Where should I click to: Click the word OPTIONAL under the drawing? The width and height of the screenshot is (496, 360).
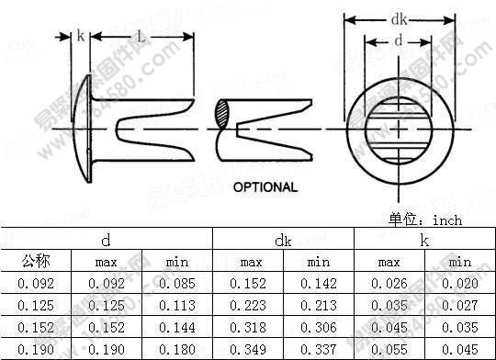[x=265, y=187]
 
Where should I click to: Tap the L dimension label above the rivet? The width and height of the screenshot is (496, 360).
[x=141, y=38]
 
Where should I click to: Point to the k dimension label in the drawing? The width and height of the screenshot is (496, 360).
[x=81, y=37]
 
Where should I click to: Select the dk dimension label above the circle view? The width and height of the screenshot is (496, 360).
[x=399, y=17]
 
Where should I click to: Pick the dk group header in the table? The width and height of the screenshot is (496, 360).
[x=283, y=240]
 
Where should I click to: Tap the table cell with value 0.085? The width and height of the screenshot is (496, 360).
[x=176, y=285]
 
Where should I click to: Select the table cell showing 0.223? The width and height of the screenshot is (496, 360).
[x=248, y=306]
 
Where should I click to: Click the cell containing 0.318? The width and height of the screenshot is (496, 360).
[x=248, y=327]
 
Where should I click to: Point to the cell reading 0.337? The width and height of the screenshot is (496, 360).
[x=319, y=349]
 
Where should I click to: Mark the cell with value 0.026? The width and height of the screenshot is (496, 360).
[x=389, y=285]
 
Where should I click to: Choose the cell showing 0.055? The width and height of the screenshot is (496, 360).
[x=389, y=349]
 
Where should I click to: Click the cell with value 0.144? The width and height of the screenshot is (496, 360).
[x=176, y=327]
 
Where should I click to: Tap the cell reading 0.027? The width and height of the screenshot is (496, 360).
[x=460, y=306]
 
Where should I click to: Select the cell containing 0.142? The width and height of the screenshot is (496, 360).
[x=319, y=285]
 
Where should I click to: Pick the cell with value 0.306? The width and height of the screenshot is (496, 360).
[x=319, y=327]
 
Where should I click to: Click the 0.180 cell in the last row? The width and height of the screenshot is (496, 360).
[x=176, y=349]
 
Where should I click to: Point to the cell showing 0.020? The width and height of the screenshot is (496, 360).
[x=460, y=285]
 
